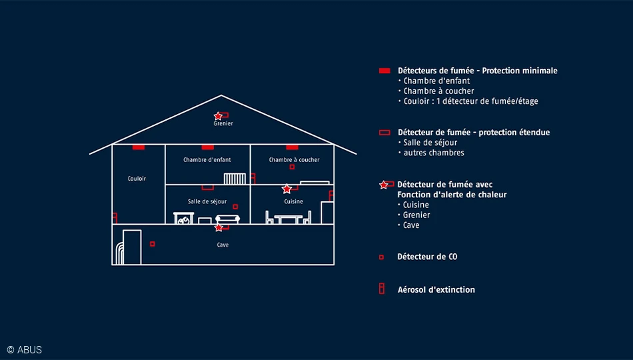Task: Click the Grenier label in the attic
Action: [223, 123]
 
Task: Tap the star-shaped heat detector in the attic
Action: [218, 117]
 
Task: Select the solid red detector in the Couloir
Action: [139, 147]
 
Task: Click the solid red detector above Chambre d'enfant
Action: [207, 147]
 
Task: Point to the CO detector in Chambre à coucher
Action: [292, 167]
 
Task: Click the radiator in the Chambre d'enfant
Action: [235, 179]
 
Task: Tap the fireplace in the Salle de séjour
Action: [184, 218]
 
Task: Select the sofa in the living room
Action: [228, 219]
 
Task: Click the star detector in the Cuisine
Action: [287, 189]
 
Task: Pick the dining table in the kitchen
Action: [289, 219]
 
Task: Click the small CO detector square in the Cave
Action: [152, 244]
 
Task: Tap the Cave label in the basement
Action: [223, 245]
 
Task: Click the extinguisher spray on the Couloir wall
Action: [115, 218]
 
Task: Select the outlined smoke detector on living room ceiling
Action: [207, 187]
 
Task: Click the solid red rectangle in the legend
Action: [384, 71]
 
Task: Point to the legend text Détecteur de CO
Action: [427, 257]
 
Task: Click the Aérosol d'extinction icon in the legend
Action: [382, 289]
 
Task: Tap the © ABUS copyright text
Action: [25, 350]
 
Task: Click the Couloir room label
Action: [137, 179]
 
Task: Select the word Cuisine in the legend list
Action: [416, 205]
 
